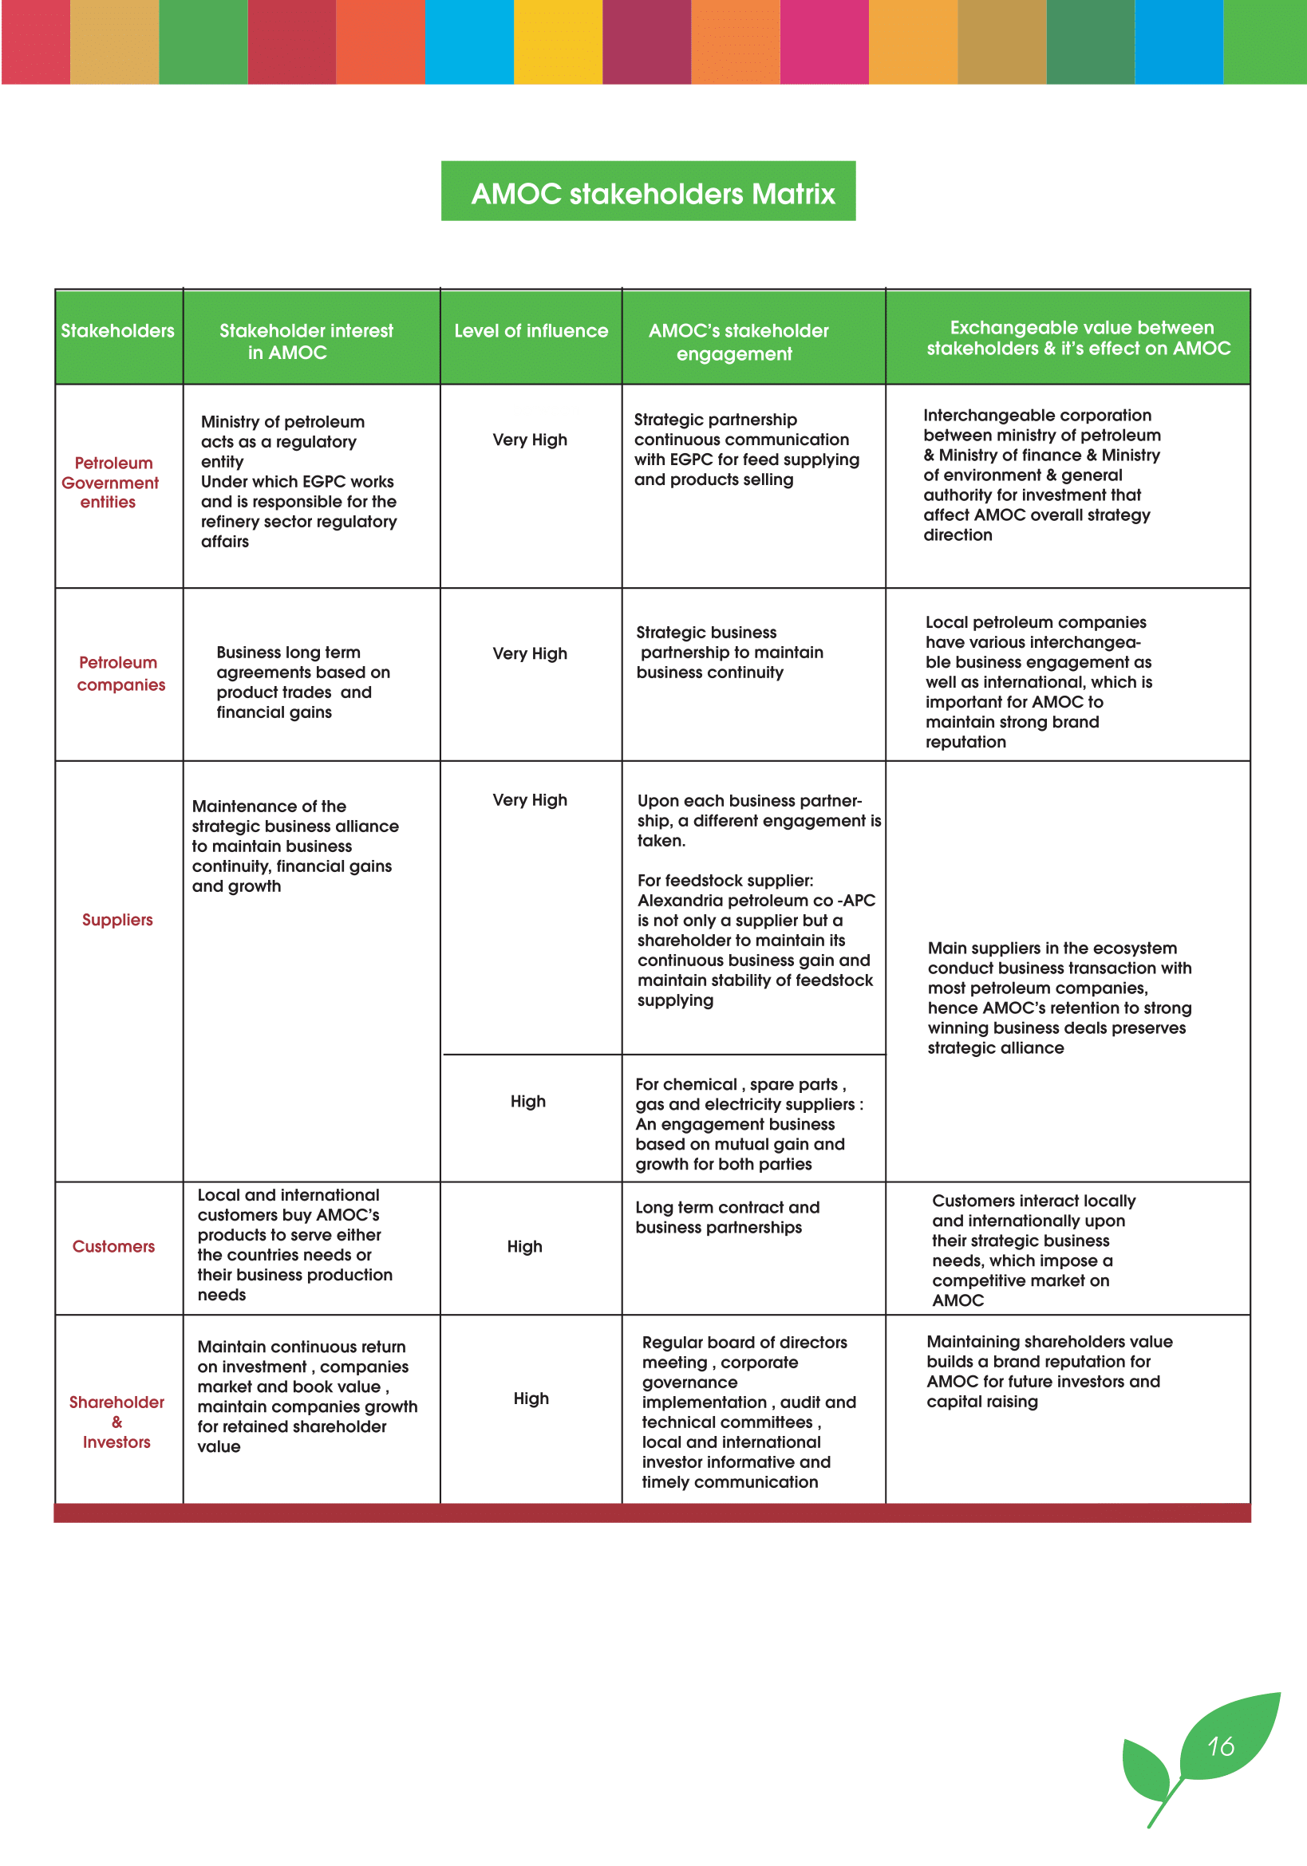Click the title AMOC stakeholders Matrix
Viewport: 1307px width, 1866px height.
[652, 193]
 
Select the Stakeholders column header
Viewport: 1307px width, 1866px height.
[118, 331]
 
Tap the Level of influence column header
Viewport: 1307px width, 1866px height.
[531, 331]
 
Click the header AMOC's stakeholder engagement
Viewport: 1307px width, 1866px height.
[737, 342]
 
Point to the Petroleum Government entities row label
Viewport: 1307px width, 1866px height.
[111, 483]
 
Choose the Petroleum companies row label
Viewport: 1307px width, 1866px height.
[120, 674]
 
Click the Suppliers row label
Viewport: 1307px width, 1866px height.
[117, 920]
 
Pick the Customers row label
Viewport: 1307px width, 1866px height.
[113, 1247]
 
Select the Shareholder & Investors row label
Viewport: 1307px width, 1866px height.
[116, 1422]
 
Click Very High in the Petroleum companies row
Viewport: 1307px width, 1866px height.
[530, 653]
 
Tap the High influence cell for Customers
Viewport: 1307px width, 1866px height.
[524, 1247]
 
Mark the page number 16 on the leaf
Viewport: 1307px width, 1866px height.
[1220, 1746]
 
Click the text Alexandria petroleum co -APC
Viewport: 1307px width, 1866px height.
[756, 901]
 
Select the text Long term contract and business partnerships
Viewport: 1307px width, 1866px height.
[727, 1217]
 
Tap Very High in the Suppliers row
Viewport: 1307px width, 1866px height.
[530, 799]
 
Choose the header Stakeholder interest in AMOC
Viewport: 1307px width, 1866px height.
[306, 341]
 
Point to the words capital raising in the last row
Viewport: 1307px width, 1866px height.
[982, 1402]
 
